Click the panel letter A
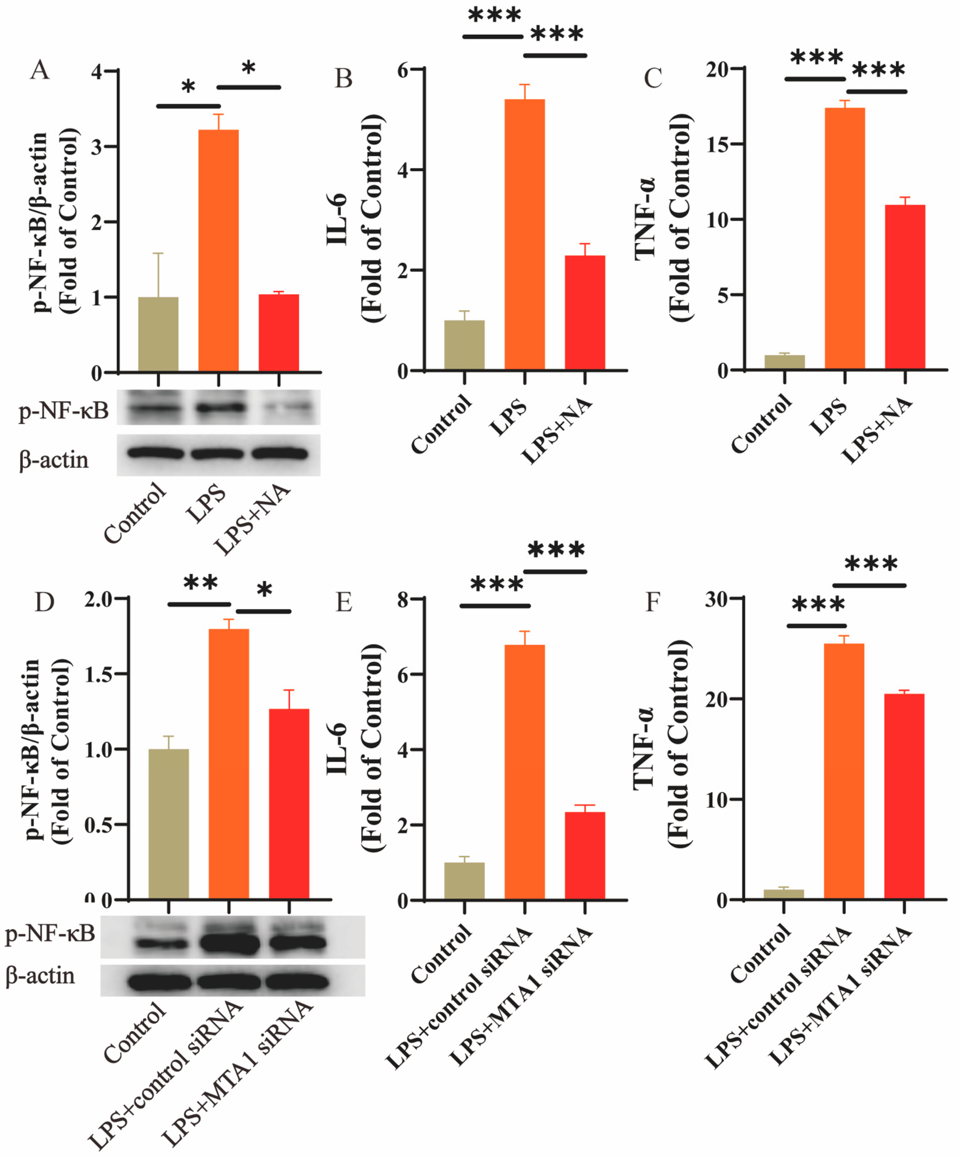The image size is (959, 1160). pyautogui.click(x=40, y=71)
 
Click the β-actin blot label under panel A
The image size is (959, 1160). pyautogui.click(x=54, y=460)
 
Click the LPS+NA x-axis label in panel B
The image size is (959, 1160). pyautogui.click(x=557, y=431)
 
